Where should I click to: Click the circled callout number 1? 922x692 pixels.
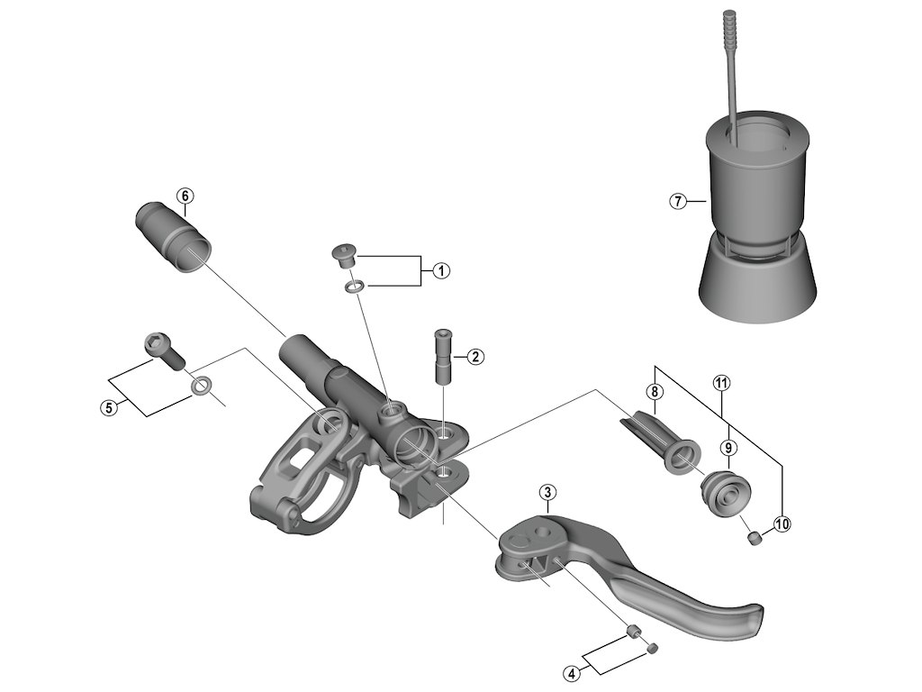point(440,270)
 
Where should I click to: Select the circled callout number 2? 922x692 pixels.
point(476,357)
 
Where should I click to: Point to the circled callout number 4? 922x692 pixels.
point(571,672)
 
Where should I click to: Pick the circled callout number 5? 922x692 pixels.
point(109,407)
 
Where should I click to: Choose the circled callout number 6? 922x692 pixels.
point(184,196)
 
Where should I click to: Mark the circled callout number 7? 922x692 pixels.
point(679,201)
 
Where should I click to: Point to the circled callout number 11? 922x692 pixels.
point(720,383)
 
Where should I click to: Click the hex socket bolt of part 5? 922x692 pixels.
point(163,350)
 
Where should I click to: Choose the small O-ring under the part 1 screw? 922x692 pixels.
point(354,287)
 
